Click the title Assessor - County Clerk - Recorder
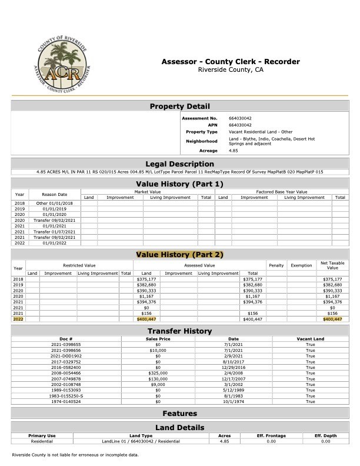(231, 62)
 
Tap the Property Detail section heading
(179, 106)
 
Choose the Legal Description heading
(179, 164)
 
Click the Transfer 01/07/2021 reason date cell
(54, 232)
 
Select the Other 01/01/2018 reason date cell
(54, 203)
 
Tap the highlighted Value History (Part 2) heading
(179, 254)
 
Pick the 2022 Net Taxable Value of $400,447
(332, 319)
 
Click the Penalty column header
(275, 265)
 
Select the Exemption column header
(301, 265)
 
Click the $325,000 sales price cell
(158, 372)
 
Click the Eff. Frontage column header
(271, 436)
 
